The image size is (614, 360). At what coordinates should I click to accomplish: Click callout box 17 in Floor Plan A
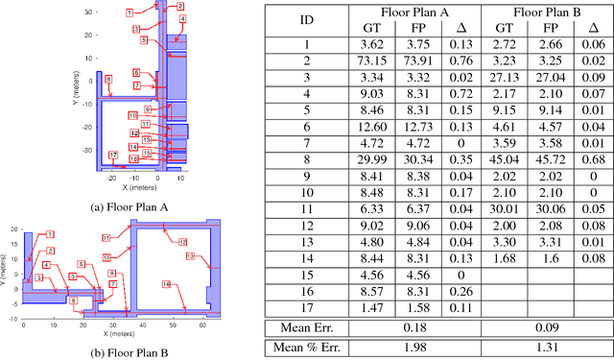[113, 155]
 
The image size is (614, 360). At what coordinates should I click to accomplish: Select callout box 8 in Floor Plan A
[108, 79]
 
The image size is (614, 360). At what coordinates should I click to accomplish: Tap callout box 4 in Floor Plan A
[182, 19]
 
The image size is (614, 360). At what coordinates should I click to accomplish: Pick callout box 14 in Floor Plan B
[165, 284]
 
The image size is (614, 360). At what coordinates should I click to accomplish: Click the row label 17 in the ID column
[306, 307]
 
